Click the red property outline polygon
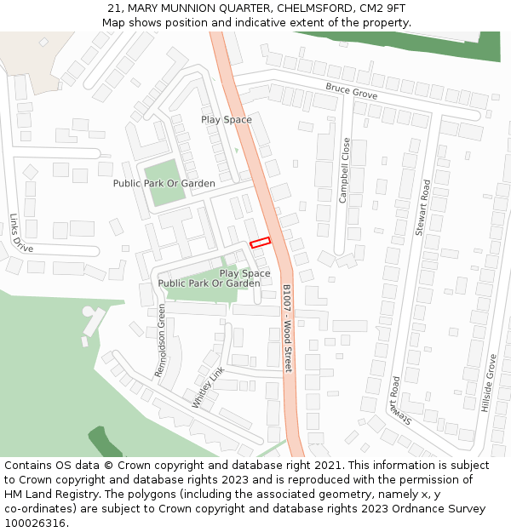(x=260, y=243)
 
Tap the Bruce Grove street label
(x=351, y=90)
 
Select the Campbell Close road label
(x=345, y=170)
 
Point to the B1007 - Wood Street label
(x=287, y=328)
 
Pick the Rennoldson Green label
(x=160, y=340)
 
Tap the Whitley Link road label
(x=208, y=388)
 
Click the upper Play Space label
(x=227, y=120)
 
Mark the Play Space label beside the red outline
(x=245, y=273)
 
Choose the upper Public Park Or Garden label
(x=164, y=183)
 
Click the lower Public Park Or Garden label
(x=210, y=283)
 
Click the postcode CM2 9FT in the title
(x=382, y=9)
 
